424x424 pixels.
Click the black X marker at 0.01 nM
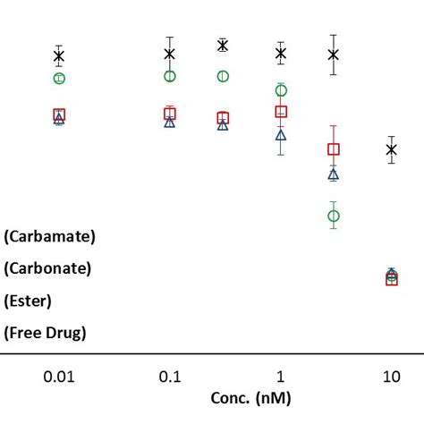[x=59, y=56]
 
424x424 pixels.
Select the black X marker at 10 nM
[x=391, y=149]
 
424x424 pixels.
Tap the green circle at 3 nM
[x=334, y=216]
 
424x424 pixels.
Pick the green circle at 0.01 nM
[x=59, y=78]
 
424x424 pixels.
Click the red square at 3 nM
[x=334, y=149]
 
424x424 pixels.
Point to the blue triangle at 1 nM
[x=281, y=135]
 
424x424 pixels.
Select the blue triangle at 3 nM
[x=334, y=174]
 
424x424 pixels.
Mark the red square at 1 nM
[x=281, y=111]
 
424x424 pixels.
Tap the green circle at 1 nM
[x=281, y=89]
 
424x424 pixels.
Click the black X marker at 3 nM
[x=334, y=55]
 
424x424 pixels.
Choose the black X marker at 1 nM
[x=281, y=54]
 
